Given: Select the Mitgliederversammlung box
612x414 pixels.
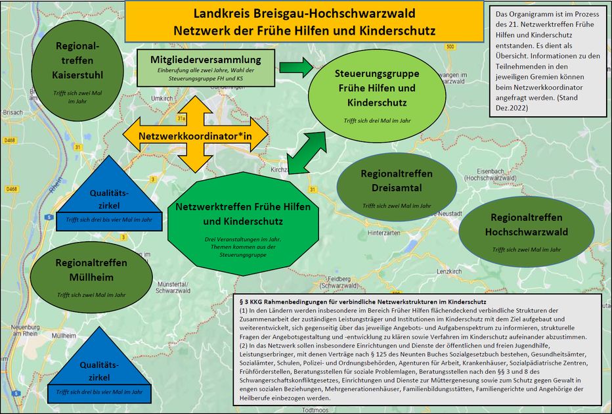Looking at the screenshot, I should click(206, 67).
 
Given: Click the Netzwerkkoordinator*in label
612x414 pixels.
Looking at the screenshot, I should click(194, 135).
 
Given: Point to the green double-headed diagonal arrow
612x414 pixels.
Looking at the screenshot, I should click(307, 152).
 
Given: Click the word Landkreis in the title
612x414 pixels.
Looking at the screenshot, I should click(223, 13).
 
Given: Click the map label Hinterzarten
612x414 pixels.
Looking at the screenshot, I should click(385, 233).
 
